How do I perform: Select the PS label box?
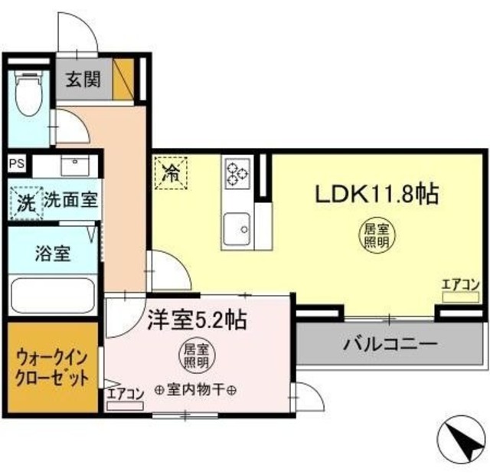pos(16,163)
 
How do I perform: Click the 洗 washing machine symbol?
pos(26,203)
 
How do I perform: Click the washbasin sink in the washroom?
pos(75,165)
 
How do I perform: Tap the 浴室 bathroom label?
pos(53,254)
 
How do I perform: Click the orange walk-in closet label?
pos(52,368)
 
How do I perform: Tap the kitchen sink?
pos(237,228)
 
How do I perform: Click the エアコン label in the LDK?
pos(459,287)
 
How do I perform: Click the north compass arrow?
pos(462,444)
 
